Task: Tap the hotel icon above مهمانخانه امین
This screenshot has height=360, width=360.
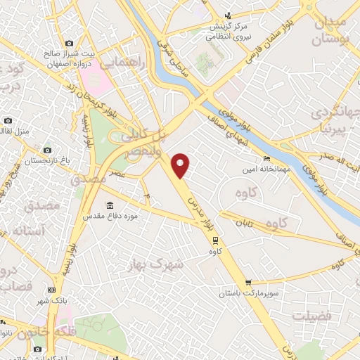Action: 265,158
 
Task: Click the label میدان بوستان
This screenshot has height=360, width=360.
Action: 341,29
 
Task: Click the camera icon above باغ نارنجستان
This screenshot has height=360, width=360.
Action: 47,150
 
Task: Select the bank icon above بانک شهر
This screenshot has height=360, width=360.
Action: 51,290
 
